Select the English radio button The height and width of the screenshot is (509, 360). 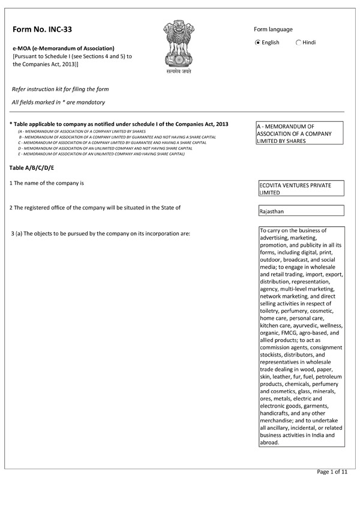click(258, 43)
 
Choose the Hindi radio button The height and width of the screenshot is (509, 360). click(299, 43)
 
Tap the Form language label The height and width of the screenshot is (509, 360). click(273, 29)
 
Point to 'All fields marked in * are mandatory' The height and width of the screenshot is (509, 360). click(58, 103)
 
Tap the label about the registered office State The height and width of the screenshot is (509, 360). click(95, 208)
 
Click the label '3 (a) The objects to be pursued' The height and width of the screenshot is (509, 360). click(100, 233)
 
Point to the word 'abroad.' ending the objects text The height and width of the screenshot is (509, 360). click(269, 442)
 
